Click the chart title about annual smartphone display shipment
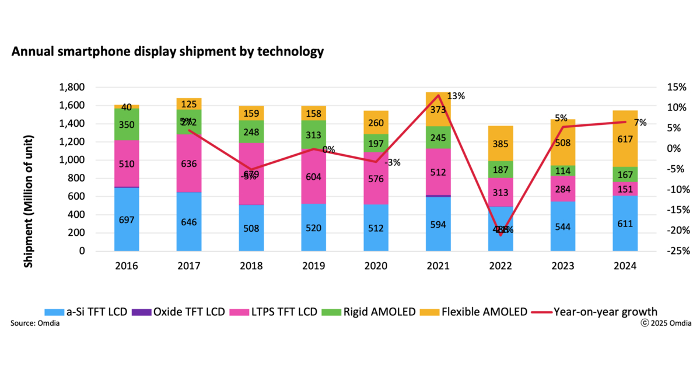coord(167,52)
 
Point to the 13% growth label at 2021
coord(456,96)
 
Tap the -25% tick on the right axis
coord(678,251)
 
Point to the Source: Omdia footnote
coord(34,323)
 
